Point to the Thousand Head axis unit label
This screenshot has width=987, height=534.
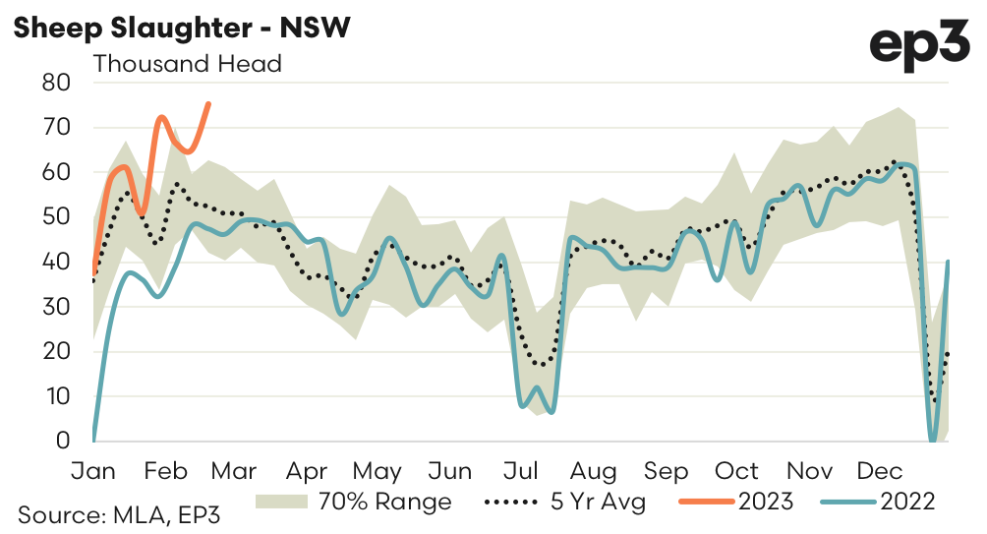(x=187, y=65)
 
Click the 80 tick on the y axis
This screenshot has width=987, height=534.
(x=56, y=83)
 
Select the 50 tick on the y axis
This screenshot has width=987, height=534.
(x=56, y=217)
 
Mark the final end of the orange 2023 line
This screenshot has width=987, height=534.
(x=208, y=103)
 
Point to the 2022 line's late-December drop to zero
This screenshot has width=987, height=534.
(x=932, y=440)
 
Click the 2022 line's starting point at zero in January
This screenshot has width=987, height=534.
(x=94, y=439)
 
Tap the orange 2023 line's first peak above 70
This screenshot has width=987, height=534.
(x=161, y=117)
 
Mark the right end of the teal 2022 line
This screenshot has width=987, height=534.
(x=948, y=262)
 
